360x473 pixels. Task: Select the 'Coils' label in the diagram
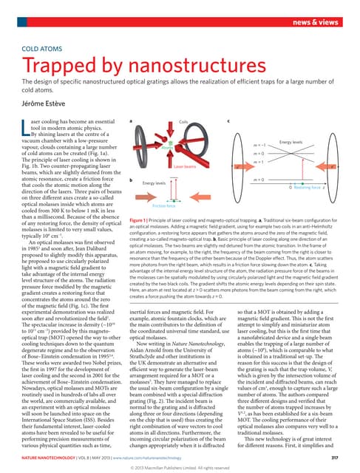(x=184, y=120)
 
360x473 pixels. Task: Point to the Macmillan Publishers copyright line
(x=180, y=467)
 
